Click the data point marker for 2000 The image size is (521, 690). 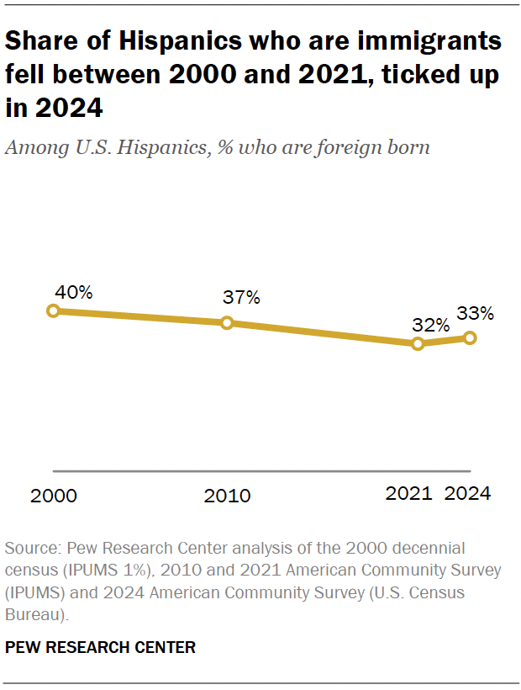(53, 310)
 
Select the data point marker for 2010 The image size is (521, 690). (227, 323)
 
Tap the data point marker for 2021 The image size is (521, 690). (418, 343)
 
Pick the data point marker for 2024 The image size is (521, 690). (470, 338)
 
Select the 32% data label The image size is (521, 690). (431, 325)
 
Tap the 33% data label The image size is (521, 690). (475, 314)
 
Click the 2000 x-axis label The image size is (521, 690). (54, 496)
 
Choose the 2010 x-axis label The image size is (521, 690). (227, 496)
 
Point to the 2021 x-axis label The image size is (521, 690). (409, 494)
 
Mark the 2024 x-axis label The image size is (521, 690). (467, 494)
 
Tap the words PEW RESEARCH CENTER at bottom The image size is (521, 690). (100, 647)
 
